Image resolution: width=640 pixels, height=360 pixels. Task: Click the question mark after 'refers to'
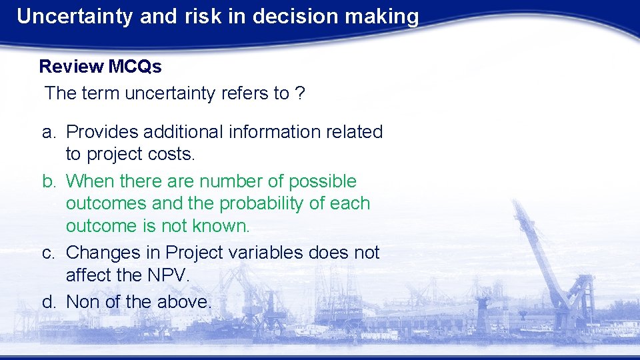(300, 93)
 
